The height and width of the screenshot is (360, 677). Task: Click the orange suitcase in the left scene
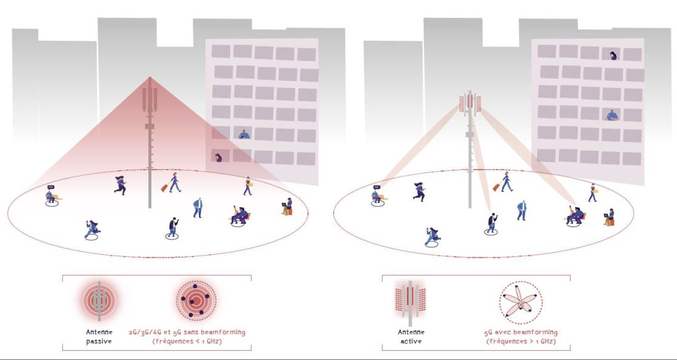pos(164,188)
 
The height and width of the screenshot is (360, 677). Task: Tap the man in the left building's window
pos(244,134)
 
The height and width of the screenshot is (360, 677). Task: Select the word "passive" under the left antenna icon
pos(99,341)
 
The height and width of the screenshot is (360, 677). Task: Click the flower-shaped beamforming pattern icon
pos(521,303)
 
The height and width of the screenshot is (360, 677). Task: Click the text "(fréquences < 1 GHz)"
pos(187,342)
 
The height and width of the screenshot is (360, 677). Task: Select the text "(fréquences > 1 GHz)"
pos(521,342)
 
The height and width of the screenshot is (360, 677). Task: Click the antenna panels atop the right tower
pos(470,103)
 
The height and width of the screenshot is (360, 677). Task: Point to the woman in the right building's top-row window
pos(614,55)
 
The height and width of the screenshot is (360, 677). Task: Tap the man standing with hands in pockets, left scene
pos(198,208)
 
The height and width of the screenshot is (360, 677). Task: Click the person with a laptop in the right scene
pos(609,217)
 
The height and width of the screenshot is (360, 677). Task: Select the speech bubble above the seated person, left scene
pos(51,187)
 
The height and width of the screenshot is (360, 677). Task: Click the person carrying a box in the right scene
pos(593,193)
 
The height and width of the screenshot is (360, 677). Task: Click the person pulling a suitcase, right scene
pos(504,182)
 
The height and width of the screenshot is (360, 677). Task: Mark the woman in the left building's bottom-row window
pos(218,158)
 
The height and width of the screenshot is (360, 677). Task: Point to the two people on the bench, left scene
pos(239,215)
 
